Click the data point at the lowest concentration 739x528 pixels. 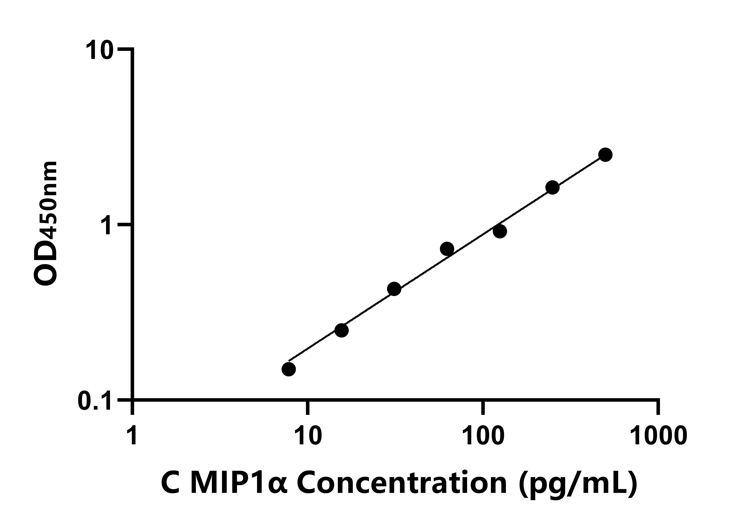(289, 369)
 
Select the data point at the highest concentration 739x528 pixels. (605, 155)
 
